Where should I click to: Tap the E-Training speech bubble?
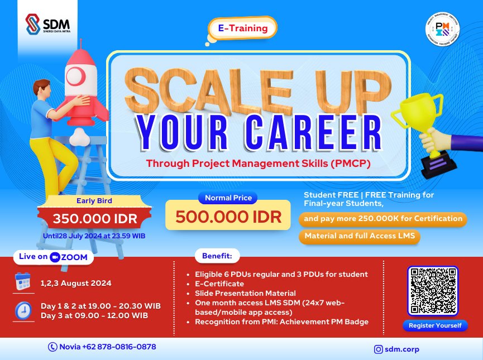242,28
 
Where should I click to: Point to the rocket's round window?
77,74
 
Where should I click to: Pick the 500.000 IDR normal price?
228,217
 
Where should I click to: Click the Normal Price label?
228,198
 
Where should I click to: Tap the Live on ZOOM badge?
54,257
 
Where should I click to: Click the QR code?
433,290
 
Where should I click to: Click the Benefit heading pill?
217,257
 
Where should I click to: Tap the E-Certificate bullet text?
219,284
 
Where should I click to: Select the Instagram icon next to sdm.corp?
379,349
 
